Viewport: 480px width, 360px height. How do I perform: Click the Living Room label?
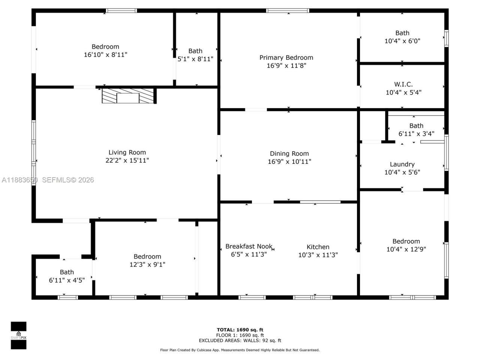coord(127,152)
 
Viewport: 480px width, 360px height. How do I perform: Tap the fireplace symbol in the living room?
coord(128,96)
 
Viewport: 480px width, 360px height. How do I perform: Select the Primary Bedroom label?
coord(286,57)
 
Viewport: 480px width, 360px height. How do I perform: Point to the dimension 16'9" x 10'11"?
coord(289,162)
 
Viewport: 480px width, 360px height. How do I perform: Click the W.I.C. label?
coord(403,84)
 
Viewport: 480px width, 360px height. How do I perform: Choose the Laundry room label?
coord(402,164)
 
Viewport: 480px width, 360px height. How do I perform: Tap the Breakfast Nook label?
coord(249,246)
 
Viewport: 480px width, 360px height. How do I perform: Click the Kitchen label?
coord(318,247)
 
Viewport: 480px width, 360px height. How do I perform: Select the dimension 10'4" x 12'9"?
coord(406,249)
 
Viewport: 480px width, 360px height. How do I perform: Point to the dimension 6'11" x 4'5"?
coord(67,280)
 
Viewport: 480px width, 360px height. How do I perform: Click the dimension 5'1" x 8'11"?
coord(195,59)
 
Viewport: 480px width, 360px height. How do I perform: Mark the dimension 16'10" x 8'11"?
coord(105,55)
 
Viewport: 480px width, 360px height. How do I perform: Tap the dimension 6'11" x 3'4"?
coord(416,133)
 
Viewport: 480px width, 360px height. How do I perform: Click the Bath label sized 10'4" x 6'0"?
coord(402,33)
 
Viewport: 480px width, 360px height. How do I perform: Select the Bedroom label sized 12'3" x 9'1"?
coord(147,256)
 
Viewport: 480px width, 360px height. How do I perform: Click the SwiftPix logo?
coord(18,335)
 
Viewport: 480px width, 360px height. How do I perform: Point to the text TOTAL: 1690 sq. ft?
coord(240,330)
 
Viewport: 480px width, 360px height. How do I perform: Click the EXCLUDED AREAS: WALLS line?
coord(240,340)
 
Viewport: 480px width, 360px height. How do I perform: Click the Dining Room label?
coord(289,153)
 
